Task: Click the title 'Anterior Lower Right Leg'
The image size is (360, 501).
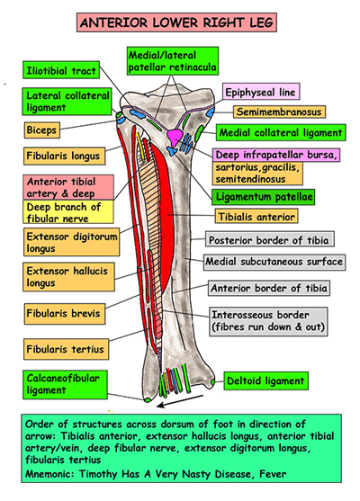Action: coord(180,20)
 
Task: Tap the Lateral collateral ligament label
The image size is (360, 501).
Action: coord(61,102)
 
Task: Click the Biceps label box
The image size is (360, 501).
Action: coord(44,130)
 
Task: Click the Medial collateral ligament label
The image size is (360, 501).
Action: coord(278,132)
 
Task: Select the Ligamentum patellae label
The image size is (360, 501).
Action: coord(262,195)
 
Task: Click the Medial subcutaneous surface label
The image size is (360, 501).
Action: coord(274,262)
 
